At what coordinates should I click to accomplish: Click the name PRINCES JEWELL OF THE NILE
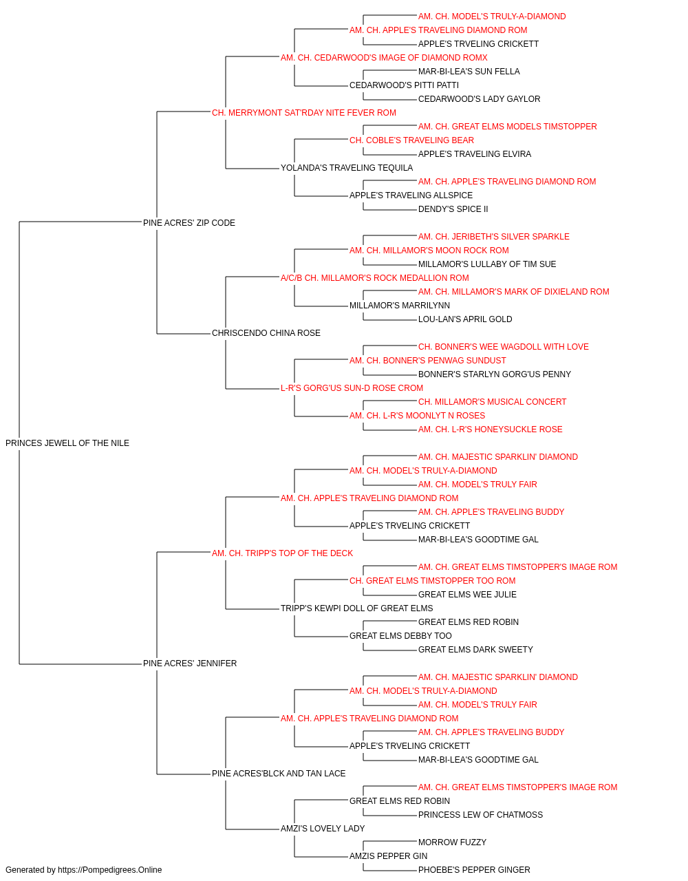67,443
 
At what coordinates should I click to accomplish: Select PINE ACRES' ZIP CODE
189,223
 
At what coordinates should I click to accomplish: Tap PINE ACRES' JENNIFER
190,664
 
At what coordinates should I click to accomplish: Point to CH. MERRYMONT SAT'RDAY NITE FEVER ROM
304,113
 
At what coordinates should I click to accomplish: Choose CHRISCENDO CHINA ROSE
266,333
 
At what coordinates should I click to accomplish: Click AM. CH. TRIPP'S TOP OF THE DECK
282,553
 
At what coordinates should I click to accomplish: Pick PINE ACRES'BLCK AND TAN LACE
279,774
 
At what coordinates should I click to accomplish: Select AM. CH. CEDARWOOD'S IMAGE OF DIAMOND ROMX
384,58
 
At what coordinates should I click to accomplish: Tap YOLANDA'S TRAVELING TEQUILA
347,168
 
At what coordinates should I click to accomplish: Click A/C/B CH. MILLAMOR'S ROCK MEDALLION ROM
374,277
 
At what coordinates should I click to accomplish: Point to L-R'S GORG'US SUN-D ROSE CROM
352,388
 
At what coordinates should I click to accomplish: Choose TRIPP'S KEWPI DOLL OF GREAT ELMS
356,608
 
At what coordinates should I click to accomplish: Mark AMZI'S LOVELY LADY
323,828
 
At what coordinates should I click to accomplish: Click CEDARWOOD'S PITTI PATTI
404,85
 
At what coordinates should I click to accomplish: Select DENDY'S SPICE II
453,209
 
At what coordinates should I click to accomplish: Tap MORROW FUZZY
452,842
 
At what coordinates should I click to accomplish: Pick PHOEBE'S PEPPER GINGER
474,870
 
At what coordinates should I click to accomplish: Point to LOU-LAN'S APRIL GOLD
465,319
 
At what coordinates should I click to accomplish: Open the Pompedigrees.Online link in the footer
109,870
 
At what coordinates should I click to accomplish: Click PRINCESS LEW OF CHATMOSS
480,814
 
